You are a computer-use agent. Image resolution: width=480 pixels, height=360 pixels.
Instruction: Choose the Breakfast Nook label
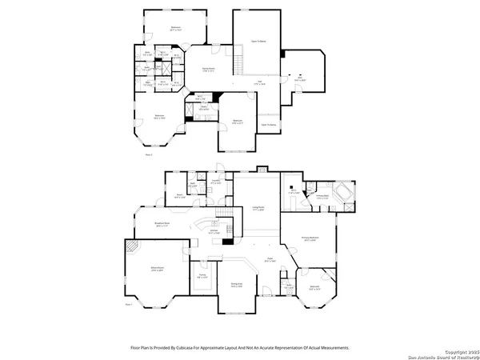click(162, 225)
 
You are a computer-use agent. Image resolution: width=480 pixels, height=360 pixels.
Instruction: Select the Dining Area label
click(237, 285)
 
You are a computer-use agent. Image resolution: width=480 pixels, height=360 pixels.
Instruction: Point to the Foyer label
click(270, 259)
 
